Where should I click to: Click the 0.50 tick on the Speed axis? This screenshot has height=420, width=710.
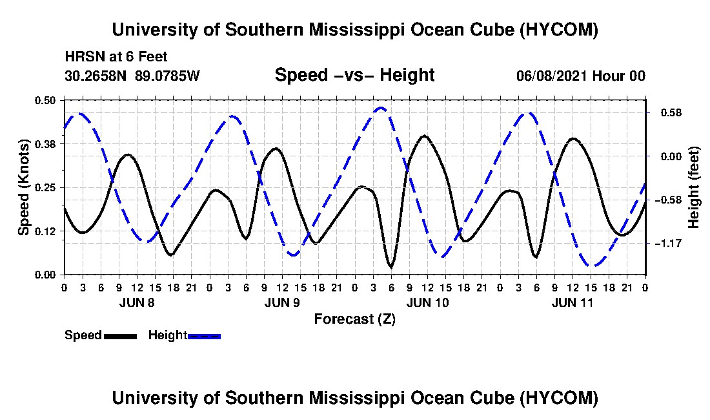(45, 100)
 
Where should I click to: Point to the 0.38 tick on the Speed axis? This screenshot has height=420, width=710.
(45, 144)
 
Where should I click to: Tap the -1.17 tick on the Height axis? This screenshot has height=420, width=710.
(668, 244)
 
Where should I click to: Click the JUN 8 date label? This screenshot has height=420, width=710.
(137, 302)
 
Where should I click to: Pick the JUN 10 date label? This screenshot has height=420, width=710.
(427, 302)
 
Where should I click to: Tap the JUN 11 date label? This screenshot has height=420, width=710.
(573, 302)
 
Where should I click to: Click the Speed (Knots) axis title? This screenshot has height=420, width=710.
(23, 187)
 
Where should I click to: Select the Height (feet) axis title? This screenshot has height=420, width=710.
(693, 187)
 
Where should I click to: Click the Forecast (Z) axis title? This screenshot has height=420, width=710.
(355, 319)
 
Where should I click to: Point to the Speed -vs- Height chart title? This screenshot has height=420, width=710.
(355, 75)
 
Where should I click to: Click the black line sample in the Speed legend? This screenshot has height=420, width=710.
(121, 336)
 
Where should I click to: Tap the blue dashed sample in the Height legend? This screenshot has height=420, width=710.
(204, 336)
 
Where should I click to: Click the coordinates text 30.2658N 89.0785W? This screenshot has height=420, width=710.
(132, 76)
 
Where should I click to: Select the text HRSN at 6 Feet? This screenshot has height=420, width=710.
(116, 57)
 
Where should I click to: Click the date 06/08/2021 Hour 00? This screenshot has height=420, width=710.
(581, 76)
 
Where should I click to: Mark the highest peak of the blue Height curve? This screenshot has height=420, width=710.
(380, 108)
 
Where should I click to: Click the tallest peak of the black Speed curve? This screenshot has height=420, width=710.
(424, 136)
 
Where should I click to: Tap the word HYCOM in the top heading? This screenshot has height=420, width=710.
(558, 30)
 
